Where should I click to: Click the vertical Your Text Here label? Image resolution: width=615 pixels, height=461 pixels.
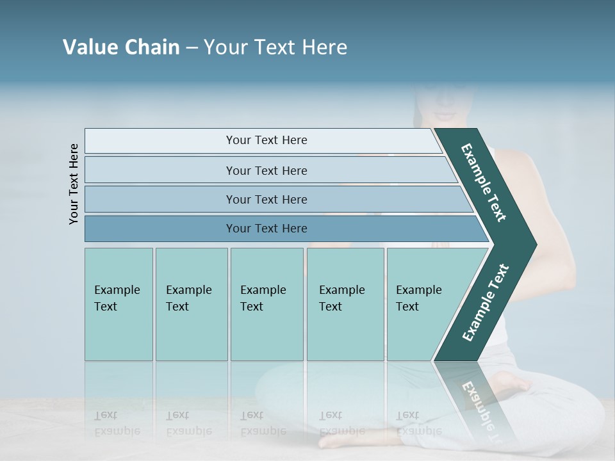[x=74, y=184]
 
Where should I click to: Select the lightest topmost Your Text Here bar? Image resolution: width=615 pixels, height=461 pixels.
[x=266, y=140]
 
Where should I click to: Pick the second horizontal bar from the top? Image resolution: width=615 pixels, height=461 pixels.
[x=266, y=170]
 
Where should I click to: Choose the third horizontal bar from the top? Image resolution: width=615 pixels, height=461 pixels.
[x=266, y=199]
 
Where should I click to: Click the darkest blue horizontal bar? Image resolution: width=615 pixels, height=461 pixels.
[x=266, y=229]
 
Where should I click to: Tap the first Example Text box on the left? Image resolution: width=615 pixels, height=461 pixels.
[x=118, y=304]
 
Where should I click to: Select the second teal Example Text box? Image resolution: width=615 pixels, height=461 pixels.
[x=191, y=304]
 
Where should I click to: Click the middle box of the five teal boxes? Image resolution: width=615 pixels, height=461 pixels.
[x=266, y=304]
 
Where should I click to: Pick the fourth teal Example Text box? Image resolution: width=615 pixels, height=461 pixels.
[x=345, y=304]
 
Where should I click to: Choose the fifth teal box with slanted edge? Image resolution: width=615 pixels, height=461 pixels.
[x=423, y=304]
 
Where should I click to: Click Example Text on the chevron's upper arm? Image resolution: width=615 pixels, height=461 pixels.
[x=484, y=182]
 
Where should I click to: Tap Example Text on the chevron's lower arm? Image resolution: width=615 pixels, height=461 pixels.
[x=486, y=302]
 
